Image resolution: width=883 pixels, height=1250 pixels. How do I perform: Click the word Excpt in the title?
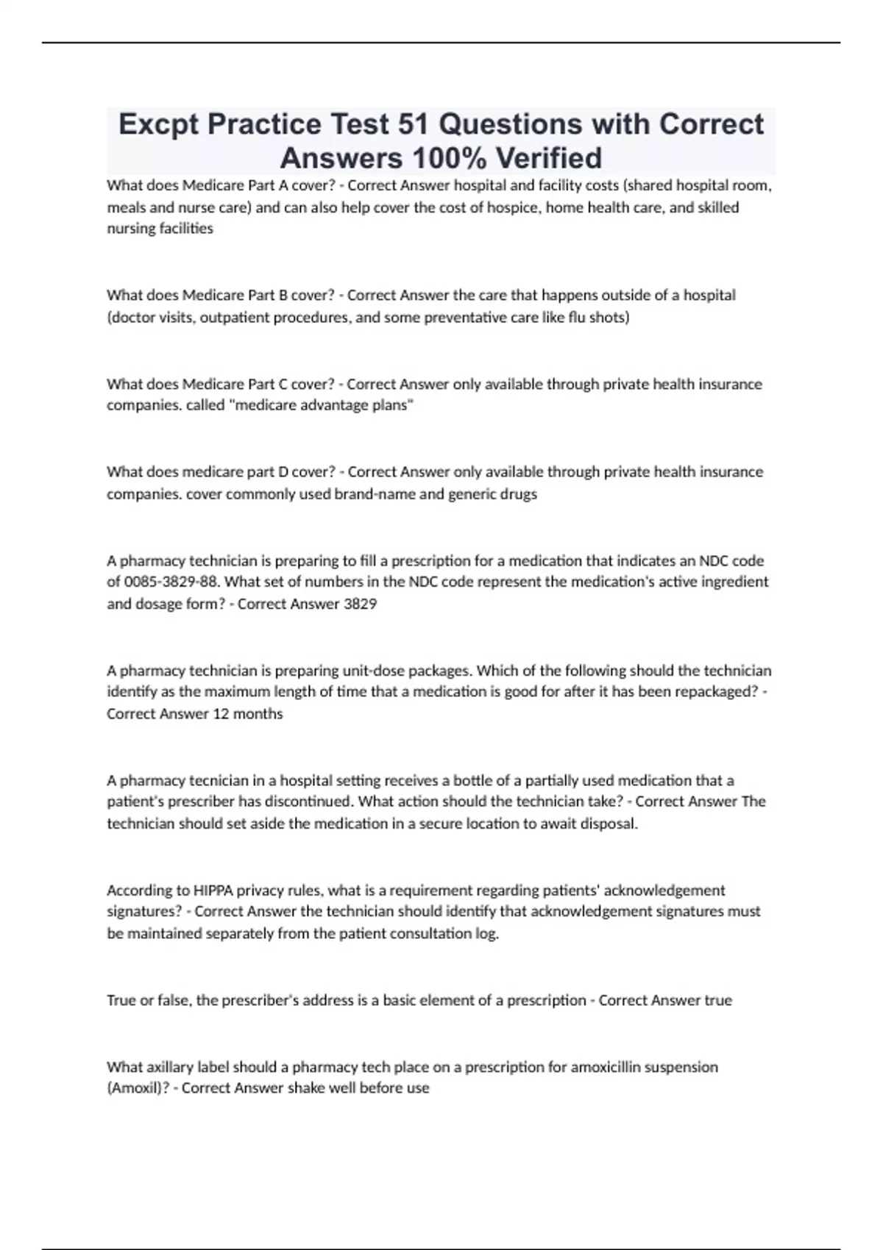point(158,124)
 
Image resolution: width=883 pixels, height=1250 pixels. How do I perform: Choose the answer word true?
point(718,1000)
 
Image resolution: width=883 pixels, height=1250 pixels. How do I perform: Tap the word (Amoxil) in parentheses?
point(137,1088)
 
